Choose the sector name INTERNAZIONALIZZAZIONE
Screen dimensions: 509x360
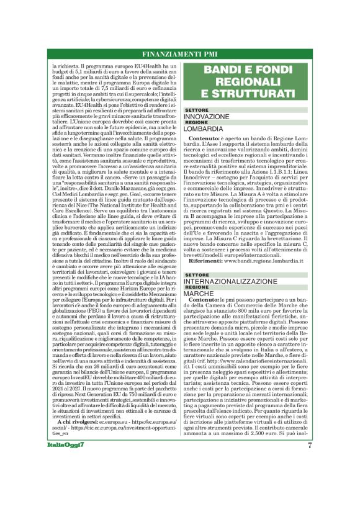(x=229, y=281)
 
